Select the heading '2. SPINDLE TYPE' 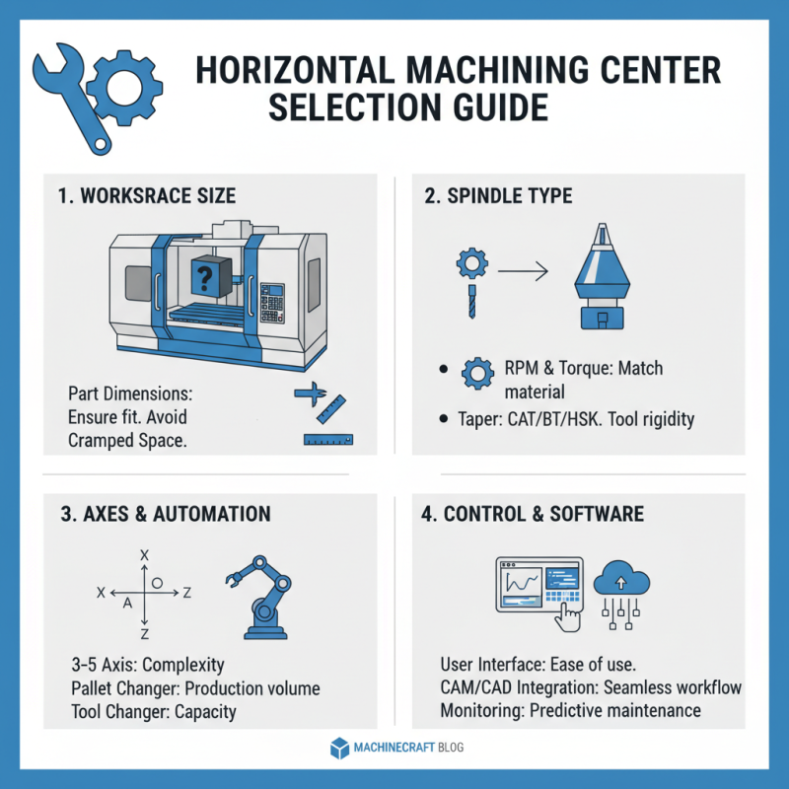coord(498,195)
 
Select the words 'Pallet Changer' coord(120,688)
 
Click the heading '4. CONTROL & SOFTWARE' coord(543,514)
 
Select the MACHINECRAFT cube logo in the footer coord(339,747)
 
